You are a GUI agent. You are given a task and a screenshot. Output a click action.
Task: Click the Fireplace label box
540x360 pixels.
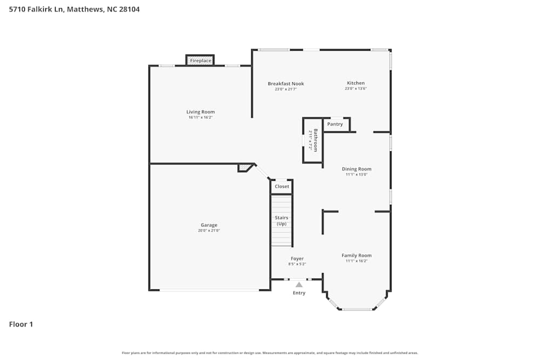click(x=200, y=60)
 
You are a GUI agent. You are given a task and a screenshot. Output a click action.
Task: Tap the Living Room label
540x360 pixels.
click(x=201, y=112)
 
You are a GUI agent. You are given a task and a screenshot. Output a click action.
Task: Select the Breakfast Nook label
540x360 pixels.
click(x=286, y=84)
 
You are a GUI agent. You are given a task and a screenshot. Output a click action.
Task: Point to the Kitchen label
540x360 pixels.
click(x=355, y=83)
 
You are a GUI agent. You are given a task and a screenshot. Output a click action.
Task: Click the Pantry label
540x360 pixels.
click(x=335, y=124)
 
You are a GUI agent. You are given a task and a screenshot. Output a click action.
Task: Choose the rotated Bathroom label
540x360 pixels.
click(x=315, y=140)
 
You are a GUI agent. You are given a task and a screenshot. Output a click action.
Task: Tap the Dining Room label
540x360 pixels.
click(x=356, y=169)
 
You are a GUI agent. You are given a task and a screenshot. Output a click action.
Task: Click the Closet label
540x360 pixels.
click(x=282, y=186)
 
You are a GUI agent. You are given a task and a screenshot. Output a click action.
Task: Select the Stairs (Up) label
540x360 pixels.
click(x=281, y=221)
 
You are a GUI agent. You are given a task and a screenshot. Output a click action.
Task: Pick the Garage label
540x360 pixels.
click(x=209, y=225)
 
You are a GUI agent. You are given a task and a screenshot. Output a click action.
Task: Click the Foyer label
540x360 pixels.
click(x=297, y=259)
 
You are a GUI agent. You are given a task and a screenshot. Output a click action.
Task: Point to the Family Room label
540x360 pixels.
click(x=356, y=255)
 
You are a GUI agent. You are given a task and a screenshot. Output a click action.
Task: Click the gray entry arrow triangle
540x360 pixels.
click(x=299, y=284)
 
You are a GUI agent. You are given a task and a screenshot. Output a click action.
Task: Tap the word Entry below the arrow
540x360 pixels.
click(x=299, y=293)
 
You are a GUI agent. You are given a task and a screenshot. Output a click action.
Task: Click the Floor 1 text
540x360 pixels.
click(x=21, y=324)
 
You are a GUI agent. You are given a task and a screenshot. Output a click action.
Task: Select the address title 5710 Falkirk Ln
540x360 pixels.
click(x=74, y=9)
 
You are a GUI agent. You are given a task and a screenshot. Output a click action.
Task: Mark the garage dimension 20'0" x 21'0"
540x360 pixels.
click(x=209, y=230)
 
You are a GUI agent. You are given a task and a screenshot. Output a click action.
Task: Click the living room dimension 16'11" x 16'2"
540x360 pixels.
click(x=201, y=117)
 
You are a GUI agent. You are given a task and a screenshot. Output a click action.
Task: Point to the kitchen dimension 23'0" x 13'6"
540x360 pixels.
click(x=355, y=89)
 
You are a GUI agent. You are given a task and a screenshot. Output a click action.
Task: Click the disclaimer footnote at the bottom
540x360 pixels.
click(x=270, y=353)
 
